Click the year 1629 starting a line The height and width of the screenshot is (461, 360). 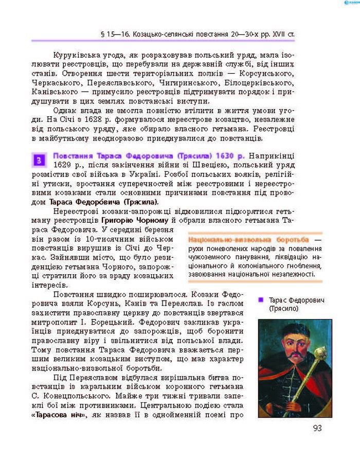[x=64, y=165]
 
